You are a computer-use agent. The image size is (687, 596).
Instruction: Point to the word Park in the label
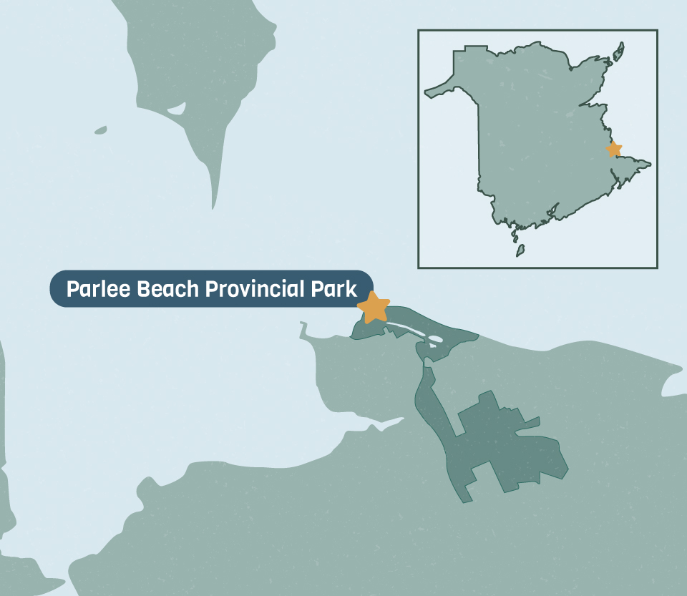336,290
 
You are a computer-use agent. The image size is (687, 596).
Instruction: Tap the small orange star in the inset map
614,150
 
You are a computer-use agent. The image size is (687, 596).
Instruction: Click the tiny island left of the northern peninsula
100,130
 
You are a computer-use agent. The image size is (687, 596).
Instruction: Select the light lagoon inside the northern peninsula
176,109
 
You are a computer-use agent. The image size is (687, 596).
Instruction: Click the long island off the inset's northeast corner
618,51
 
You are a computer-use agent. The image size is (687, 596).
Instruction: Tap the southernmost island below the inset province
520,250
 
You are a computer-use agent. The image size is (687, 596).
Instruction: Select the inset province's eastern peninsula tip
648,164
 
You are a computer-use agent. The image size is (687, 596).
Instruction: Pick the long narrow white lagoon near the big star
407,328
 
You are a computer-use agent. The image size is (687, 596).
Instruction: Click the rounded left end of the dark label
56,289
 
